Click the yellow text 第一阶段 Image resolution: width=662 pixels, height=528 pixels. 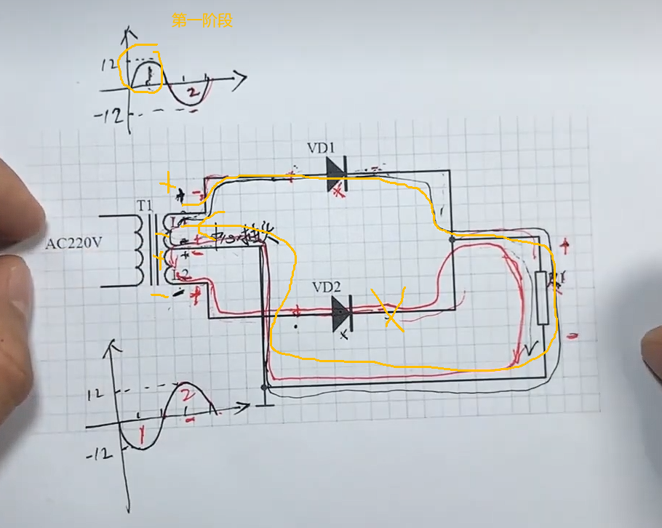202,20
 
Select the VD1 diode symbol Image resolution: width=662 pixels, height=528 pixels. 336,177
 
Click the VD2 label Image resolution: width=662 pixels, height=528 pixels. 327,287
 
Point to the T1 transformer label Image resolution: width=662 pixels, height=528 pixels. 145,206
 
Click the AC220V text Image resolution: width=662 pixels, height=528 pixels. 73,244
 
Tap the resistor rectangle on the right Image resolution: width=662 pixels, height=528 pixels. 543,297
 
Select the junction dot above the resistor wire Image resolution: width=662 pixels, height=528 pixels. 452,238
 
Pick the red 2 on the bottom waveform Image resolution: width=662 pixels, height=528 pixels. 186,396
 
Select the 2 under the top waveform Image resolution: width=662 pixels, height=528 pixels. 192,93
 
